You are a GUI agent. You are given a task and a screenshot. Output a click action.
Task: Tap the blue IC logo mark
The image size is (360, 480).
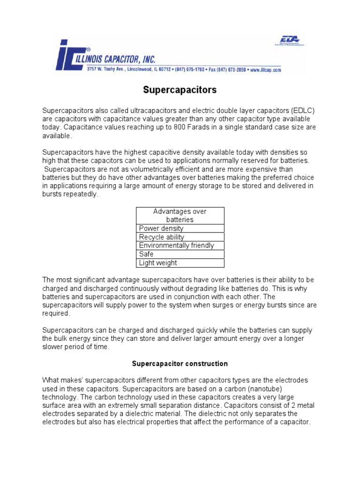click(70, 55)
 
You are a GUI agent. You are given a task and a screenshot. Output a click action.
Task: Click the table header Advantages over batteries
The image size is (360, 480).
click(180, 216)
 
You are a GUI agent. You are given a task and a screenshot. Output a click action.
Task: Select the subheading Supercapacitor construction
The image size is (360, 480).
click(180, 363)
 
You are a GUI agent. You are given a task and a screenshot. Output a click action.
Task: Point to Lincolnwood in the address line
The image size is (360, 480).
click(139, 69)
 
